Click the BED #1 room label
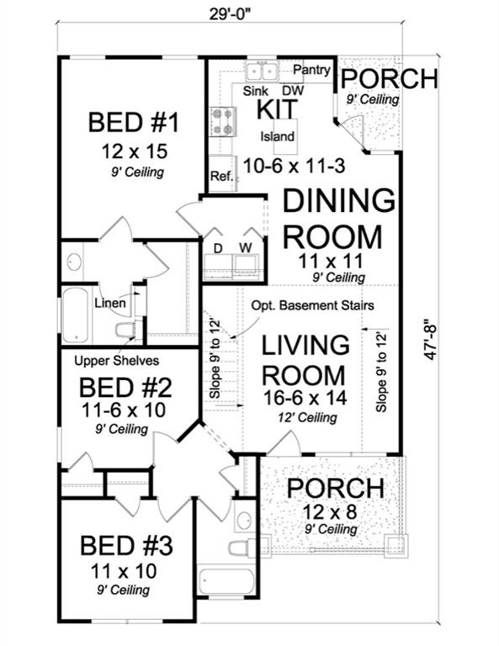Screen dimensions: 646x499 [134, 124]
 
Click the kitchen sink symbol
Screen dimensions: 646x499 [261, 70]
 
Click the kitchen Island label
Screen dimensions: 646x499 [277, 136]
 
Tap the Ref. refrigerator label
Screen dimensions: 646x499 [220, 177]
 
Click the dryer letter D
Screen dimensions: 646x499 [217, 248]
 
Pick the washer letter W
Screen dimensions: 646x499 [247, 248]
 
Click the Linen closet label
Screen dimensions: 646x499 [110, 303]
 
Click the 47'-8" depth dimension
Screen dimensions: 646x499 [432, 337]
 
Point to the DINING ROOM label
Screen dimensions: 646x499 [337, 220]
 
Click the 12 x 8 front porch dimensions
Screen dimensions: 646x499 [334, 513]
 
